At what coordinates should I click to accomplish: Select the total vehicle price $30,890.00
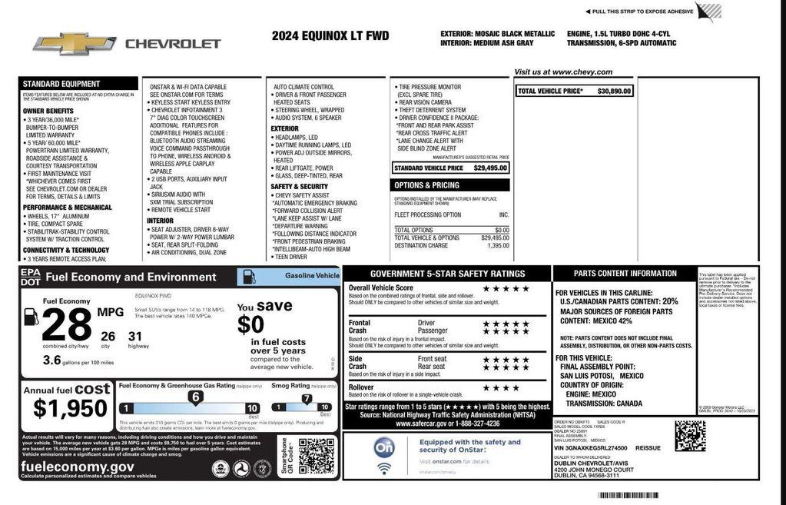[614, 91]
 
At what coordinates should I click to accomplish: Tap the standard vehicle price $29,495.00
[490, 168]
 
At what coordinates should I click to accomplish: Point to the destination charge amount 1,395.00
[498, 246]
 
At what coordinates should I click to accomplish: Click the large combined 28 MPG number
[66, 326]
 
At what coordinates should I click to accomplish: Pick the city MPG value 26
[108, 336]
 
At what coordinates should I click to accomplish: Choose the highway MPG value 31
[135, 336]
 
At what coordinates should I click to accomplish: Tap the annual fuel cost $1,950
[71, 408]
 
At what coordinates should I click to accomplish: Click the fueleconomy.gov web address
[78, 466]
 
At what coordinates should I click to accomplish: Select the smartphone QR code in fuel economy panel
[316, 456]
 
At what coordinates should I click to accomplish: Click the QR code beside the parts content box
[690, 436]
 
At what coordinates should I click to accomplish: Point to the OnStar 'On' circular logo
[383, 447]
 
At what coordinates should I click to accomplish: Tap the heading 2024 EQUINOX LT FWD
[331, 35]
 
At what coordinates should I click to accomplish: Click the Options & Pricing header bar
[451, 185]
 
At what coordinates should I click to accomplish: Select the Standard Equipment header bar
[78, 84]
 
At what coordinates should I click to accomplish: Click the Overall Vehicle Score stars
[506, 288]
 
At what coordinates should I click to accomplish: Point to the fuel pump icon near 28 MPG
[32, 316]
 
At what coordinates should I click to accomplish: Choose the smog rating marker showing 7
[307, 398]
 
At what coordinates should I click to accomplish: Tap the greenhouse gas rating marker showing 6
[196, 397]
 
